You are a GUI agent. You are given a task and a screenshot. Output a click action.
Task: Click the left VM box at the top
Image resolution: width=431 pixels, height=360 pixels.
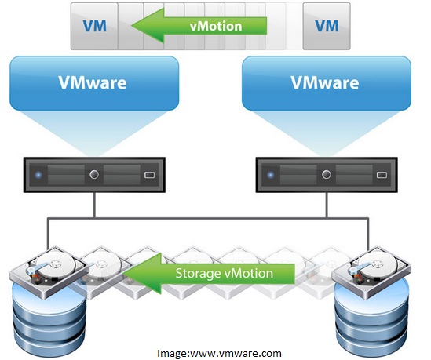click(94, 26)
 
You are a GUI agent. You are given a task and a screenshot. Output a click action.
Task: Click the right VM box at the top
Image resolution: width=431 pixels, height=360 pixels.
click(327, 26)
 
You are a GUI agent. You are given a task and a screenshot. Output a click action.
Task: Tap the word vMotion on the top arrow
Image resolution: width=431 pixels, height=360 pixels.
click(216, 27)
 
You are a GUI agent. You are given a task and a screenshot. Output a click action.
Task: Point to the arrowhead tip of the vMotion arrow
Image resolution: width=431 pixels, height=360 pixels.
click(132, 26)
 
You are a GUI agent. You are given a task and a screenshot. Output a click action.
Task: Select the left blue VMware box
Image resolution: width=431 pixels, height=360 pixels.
click(94, 83)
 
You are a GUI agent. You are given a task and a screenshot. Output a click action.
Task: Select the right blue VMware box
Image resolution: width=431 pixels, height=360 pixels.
click(327, 83)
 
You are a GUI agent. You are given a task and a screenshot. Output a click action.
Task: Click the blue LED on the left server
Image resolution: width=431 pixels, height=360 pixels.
click(38, 175)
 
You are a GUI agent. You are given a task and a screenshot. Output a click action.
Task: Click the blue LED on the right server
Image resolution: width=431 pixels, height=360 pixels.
click(271, 175)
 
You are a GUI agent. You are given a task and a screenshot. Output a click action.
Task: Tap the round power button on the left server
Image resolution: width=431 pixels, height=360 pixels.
click(94, 174)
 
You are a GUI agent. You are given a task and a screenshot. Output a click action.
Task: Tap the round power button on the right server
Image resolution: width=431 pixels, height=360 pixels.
click(327, 174)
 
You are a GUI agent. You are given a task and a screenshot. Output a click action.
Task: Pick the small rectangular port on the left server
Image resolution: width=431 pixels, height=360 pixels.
click(149, 175)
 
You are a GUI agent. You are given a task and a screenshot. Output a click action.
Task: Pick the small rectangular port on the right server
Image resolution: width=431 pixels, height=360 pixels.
click(382, 175)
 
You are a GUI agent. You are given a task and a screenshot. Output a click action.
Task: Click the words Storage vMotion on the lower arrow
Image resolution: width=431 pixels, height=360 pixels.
click(225, 273)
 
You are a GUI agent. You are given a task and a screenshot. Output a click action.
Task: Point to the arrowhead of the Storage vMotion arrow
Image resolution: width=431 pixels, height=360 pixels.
click(124, 274)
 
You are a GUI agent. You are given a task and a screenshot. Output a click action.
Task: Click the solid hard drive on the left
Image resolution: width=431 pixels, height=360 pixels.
click(49, 271)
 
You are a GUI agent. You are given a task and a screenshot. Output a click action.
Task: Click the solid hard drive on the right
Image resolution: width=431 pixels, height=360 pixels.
click(371, 271)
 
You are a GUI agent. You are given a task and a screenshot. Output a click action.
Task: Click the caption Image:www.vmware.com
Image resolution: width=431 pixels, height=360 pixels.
click(219, 353)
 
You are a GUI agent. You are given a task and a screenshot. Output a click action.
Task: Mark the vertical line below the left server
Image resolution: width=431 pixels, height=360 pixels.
click(94, 205)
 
